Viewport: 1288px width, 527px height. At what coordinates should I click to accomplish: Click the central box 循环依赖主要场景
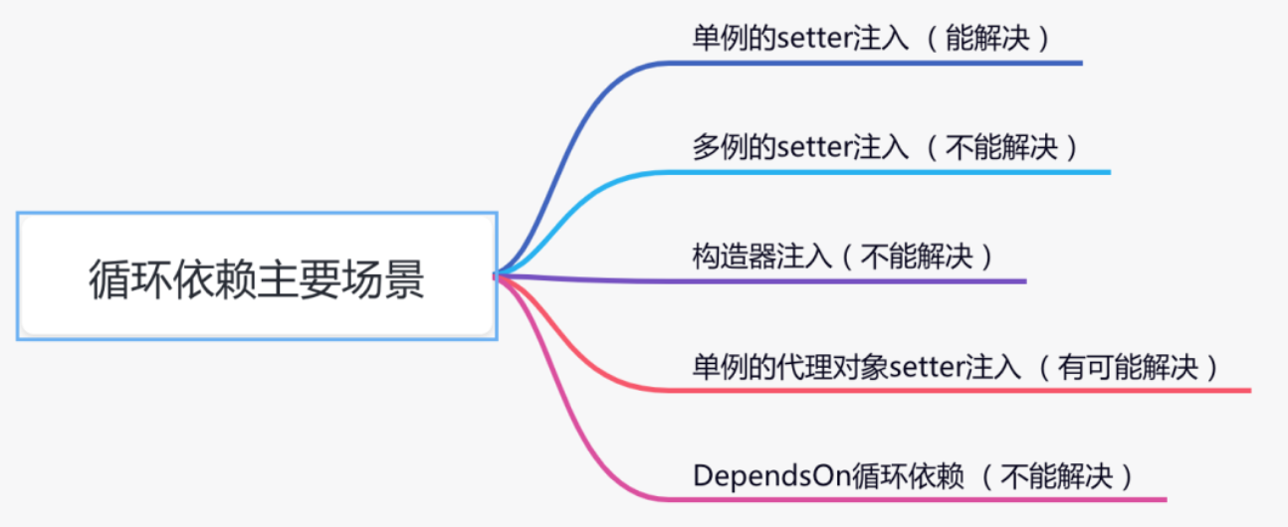point(257,276)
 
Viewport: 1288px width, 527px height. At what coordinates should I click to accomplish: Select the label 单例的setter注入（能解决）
point(872,38)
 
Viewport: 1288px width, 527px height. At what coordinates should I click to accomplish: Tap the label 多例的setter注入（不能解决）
point(886,147)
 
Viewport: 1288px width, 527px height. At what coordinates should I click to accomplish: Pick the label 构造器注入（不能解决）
point(843,257)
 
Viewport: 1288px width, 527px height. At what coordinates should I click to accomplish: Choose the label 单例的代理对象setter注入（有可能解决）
point(956,367)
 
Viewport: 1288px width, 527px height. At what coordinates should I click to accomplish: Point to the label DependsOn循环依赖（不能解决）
point(914,476)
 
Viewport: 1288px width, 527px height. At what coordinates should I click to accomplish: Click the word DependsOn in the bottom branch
point(771,476)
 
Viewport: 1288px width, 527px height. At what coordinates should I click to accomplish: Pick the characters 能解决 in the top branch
point(987,38)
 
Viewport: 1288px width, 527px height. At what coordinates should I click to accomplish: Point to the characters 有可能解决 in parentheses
point(1128,367)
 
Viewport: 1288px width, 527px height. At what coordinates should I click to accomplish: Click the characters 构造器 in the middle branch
point(734,257)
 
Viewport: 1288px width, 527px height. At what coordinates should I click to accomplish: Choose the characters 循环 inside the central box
point(130,279)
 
